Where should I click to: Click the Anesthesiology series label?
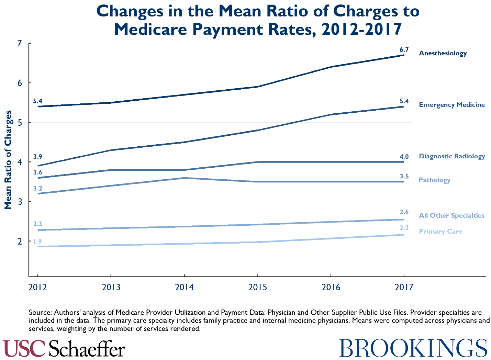coord(443,53)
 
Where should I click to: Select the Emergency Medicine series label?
coord(451,105)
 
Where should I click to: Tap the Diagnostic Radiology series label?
coord(451,156)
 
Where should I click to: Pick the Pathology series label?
coord(434,180)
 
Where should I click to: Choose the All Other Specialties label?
coord(451,216)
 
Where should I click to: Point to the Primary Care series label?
coord(440,232)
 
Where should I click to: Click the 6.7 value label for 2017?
coord(404,49)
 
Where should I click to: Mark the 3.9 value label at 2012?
coord(37,157)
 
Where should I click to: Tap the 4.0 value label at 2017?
coord(404,157)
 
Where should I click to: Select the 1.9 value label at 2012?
coord(37,241)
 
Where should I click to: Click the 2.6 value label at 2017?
coord(404,212)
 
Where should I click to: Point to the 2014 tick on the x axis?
coord(185,287)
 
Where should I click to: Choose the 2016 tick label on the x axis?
coord(331,287)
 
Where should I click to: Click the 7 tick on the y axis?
coord(20,43)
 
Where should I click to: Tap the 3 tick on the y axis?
coord(20,202)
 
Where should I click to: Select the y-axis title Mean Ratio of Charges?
coord(8,160)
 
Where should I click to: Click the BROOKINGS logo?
coord(413,348)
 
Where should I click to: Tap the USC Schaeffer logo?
coord(64,348)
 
